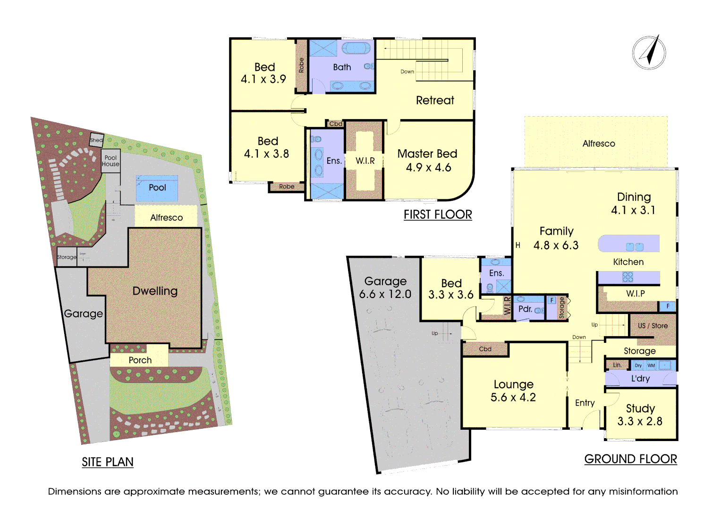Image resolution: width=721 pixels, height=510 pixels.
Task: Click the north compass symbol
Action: [649, 52]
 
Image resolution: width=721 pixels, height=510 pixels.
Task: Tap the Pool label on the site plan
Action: [157, 187]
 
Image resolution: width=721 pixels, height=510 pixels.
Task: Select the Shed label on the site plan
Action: [96, 140]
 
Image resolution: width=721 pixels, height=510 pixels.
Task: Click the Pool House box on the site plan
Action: [110, 161]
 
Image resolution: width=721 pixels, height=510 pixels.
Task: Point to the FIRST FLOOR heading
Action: [438, 214]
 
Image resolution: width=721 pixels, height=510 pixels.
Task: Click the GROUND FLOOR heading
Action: [630, 459]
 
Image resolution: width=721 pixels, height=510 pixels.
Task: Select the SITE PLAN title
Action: [108, 462]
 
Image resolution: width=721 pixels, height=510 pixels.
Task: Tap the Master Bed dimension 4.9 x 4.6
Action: [428, 168]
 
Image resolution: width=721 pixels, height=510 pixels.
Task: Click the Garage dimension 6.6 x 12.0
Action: [385, 294]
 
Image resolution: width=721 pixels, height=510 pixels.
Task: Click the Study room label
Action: [640, 408]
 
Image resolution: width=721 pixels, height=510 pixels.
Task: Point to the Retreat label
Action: [435, 100]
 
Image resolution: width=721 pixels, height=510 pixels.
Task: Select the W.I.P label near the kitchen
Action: [636, 293]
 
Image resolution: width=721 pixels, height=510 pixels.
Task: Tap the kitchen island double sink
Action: [635, 246]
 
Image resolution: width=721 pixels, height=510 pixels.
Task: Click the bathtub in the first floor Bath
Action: [356, 48]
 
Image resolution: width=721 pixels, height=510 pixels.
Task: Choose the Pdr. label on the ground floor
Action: [525, 309]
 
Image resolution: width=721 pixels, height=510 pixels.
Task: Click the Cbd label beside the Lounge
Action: [485, 349]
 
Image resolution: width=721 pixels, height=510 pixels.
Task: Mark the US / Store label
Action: [653, 326]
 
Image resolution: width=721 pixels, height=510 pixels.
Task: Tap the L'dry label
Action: [640, 379]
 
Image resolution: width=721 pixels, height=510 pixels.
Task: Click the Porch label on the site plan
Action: [140, 360]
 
